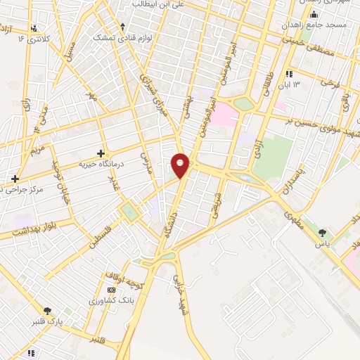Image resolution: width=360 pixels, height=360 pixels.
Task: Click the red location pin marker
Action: [x=181, y=165]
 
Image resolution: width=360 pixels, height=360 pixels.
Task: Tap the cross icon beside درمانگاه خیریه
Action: [x=101, y=153]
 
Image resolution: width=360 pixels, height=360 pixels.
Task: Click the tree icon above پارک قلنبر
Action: [x=48, y=311]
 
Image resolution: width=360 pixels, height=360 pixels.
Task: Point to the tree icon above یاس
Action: [x=323, y=233]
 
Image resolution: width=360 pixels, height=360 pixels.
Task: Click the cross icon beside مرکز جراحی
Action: [x=15, y=179]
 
